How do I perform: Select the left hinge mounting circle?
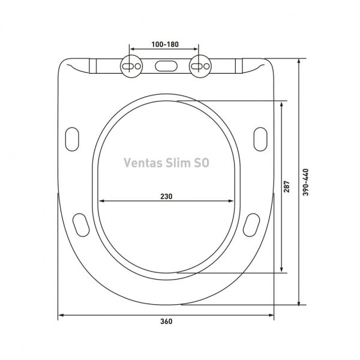coord(131,64)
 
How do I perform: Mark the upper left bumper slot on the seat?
coord(71,137)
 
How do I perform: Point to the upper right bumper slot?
coord(261,137)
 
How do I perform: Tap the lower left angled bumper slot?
coord(80,224)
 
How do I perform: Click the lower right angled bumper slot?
coord(252,224)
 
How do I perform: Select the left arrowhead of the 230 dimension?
coord(101,202)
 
